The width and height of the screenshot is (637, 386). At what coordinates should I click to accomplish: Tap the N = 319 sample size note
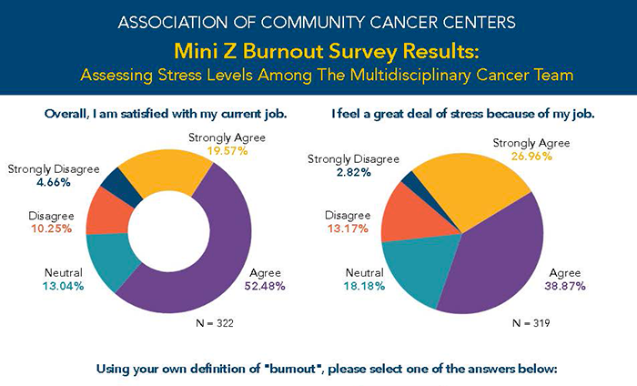click(x=531, y=324)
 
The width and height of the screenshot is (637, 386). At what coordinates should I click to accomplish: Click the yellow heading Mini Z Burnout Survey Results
click(x=318, y=49)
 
